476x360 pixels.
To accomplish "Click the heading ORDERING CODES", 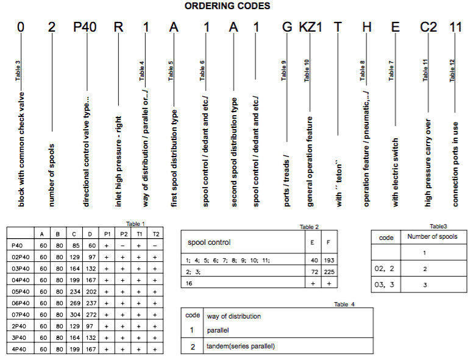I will click(x=227, y=6).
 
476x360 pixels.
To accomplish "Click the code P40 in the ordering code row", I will click(x=85, y=28).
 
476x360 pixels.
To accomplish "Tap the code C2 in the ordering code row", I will click(x=428, y=28).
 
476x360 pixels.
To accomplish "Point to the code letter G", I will click(x=286, y=28).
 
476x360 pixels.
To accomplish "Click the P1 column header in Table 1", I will click(x=107, y=233).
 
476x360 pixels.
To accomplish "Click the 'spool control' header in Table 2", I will click(x=208, y=242).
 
